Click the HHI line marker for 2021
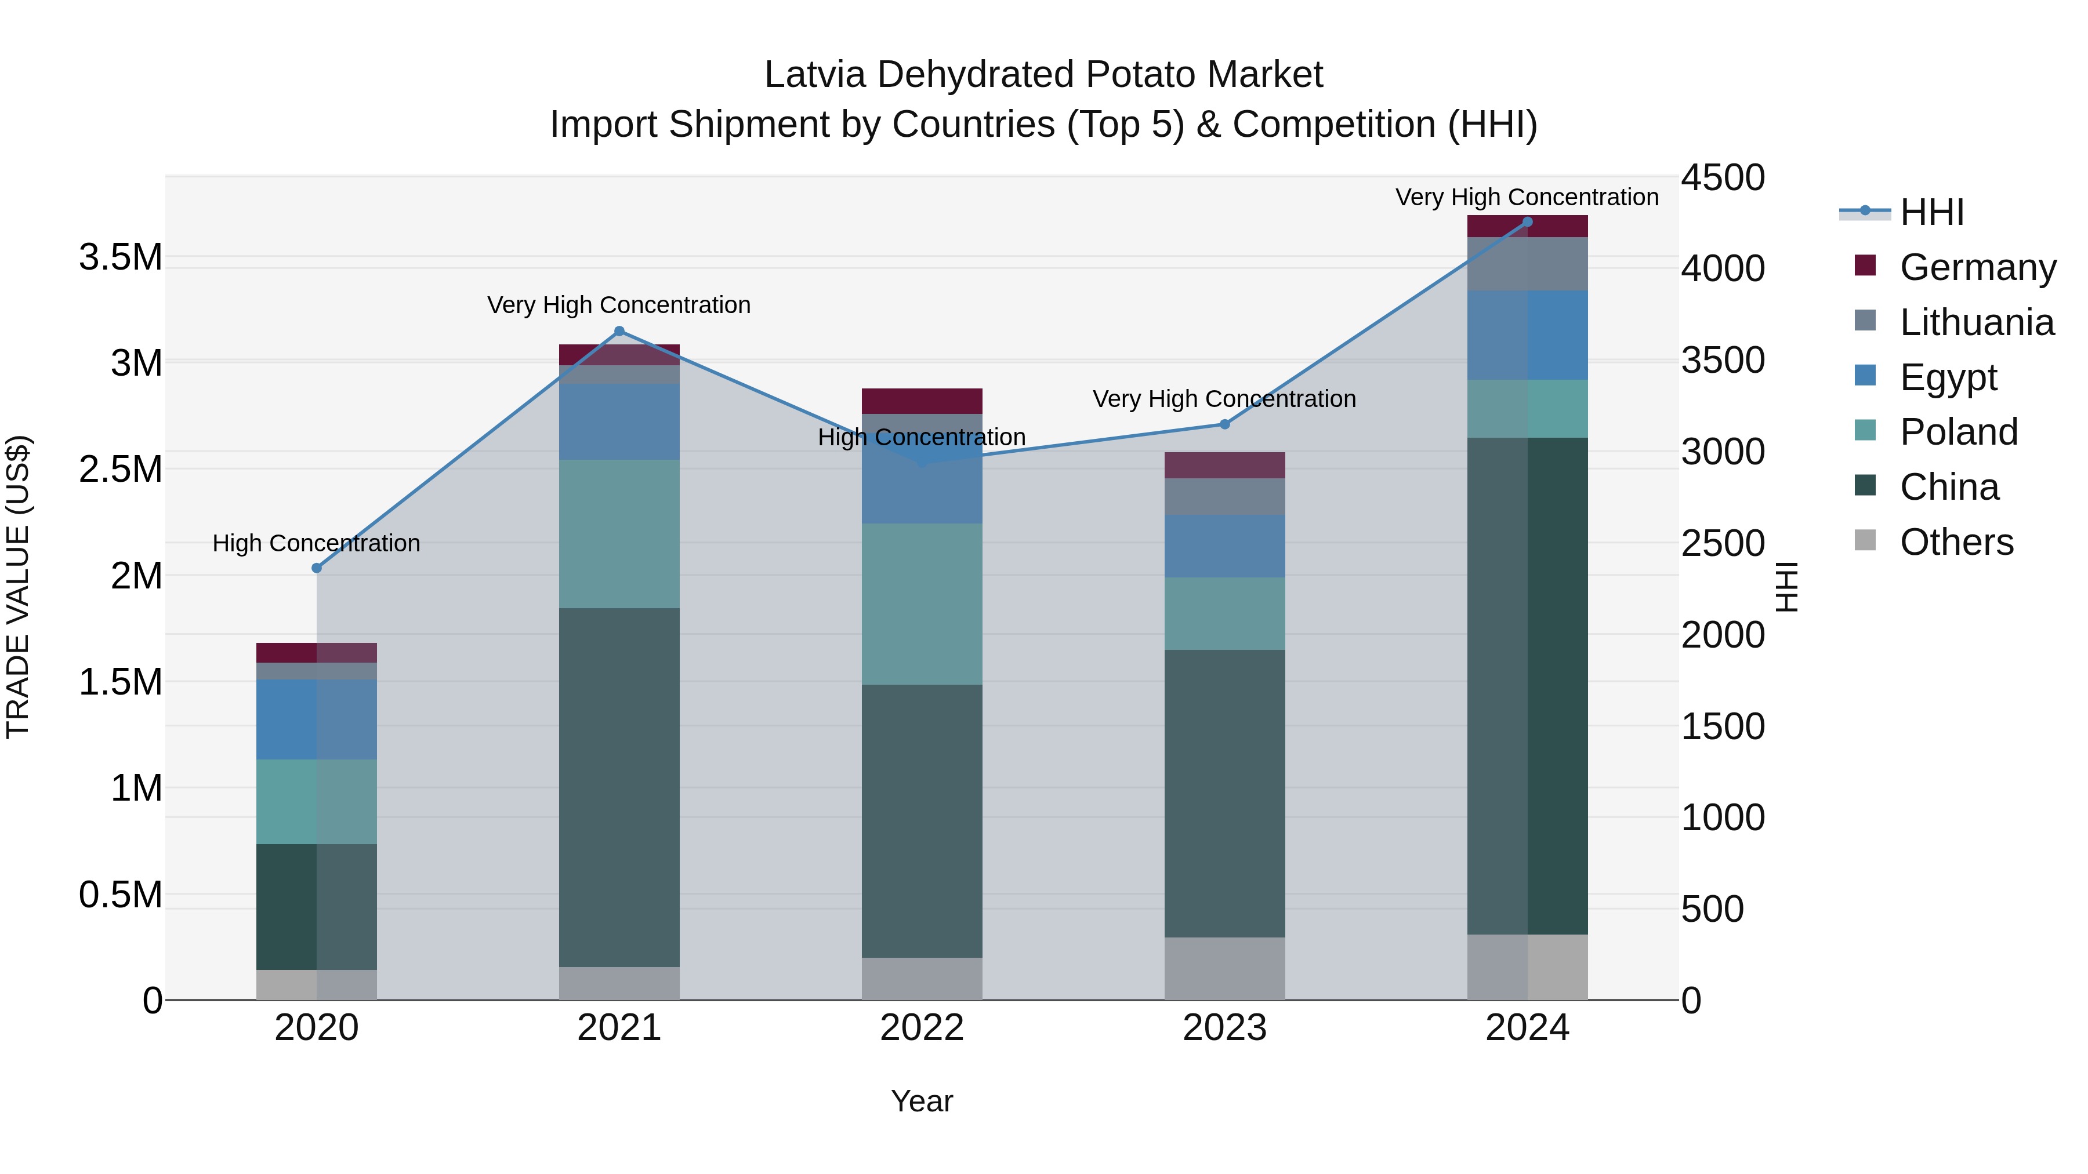tap(619, 330)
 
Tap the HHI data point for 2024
tap(1527, 221)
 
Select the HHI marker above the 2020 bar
tap(317, 568)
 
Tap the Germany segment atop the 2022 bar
tap(922, 401)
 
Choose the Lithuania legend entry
tap(1976, 322)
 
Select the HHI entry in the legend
tap(1931, 212)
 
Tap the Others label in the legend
tap(1956, 542)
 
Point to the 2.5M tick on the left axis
tap(120, 469)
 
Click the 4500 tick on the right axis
tap(1723, 177)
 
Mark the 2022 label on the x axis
tap(922, 1028)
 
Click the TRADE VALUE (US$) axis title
tap(18, 587)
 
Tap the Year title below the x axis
tap(922, 1101)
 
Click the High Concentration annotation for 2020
tap(316, 543)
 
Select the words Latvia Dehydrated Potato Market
tap(1043, 75)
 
